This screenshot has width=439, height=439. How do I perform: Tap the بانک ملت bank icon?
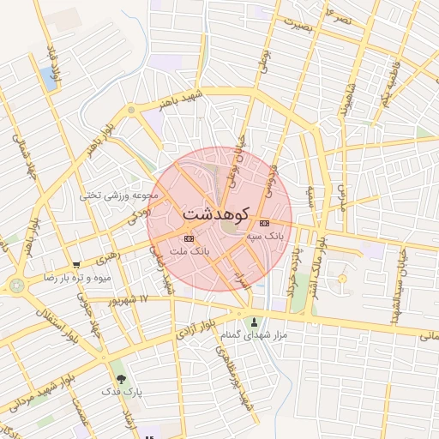coord(189,238)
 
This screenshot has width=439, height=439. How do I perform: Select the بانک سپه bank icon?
coord(264,222)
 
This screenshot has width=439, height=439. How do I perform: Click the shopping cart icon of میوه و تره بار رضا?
coord(76,266)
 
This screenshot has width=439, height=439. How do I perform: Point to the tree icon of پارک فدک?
coord(119,377)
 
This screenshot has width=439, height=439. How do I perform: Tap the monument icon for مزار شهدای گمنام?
coord(254,322)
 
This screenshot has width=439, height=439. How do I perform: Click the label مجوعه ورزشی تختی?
coord(115,195)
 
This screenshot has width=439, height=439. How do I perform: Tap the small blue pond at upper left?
coord(48,79)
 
